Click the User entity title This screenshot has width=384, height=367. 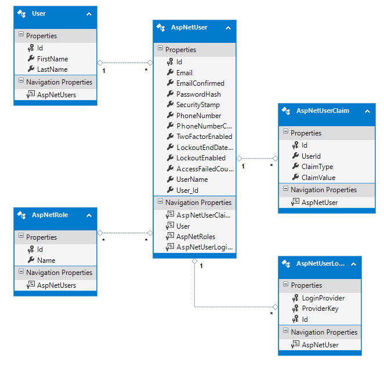39,13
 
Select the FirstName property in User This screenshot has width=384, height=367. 52,59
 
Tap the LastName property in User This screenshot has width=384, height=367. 52,69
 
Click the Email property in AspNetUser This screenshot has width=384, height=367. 184,73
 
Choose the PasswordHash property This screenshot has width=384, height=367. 198,94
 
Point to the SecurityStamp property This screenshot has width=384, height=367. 198,105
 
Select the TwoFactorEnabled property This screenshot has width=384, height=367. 204,137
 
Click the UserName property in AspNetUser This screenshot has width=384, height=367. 191,179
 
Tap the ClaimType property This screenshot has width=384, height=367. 317,167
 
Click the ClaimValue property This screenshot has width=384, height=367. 318,178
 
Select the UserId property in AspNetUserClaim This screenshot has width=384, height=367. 311,156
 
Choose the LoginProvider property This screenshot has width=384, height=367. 323,298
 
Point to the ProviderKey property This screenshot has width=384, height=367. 320,309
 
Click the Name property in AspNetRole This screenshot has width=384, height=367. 46,260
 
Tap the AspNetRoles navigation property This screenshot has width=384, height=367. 195,237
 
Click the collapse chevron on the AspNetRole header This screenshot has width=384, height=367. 89,215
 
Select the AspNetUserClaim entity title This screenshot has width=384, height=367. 323,111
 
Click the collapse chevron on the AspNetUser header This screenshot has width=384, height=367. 228,28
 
